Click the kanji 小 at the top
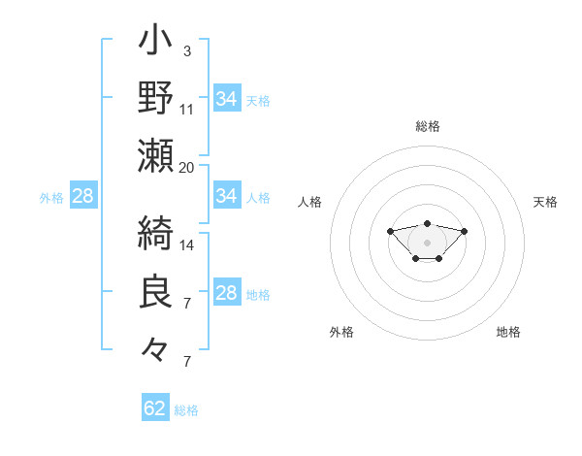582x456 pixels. [x=155, y=42]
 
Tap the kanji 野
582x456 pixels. [x=155, y=97]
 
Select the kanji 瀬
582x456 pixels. [x=155, y=154]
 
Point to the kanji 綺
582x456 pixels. [x=155, y=234]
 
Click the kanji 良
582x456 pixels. [x=155, y=292]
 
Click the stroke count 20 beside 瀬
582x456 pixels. [x=187, y=167]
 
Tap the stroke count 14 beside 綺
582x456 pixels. [x=187, y=245]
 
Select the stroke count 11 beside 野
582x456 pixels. [x=187, y=109]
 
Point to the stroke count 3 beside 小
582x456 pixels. [x=187, y=50]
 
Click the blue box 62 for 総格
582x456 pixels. [x=155, y=408]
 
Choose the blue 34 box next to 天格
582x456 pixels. [x=226, y=98]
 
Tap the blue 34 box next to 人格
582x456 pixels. [x=226, y=196]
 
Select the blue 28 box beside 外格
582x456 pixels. [x=82, y=196]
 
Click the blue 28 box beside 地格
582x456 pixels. [x=226, y=294]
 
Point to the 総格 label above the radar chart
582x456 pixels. [x=427, y=126]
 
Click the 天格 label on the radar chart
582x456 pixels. [x=545, y=202]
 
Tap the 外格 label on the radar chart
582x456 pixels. [x=341, y=332]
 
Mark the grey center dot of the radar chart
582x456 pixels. [x=427, y=242]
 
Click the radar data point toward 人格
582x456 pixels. [x=390, y=231]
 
